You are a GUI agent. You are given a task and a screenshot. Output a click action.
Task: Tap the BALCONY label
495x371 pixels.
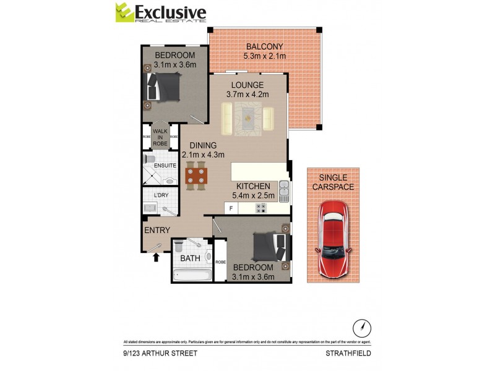pos(264,47)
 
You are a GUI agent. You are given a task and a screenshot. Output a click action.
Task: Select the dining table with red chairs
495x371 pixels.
pos(196,175)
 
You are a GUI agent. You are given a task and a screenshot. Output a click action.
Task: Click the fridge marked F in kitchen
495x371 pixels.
pos(231,208)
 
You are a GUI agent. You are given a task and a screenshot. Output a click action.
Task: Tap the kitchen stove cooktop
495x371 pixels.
pos(260,208)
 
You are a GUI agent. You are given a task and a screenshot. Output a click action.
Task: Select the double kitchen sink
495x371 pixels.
pos(283,191)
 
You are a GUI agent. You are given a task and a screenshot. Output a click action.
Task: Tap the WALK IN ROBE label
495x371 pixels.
pos(160,136)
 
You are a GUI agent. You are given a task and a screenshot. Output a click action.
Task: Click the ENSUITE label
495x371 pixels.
pos(165,166)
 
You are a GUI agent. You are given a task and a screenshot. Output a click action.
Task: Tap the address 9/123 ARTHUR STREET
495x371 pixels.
pos(160,354)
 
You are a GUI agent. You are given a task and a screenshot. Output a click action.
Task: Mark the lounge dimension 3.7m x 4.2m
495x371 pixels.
pos(247,95)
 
